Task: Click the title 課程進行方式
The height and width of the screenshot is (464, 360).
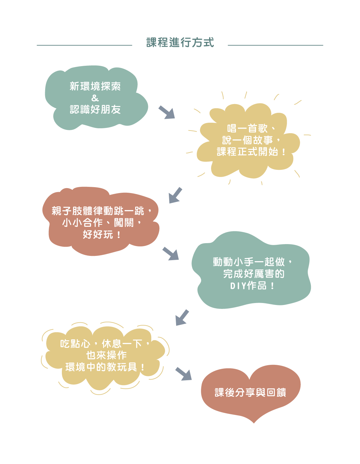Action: [180, 43]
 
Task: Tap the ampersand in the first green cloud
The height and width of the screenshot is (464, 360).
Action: [95, 98]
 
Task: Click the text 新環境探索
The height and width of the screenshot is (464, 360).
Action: [95, 86]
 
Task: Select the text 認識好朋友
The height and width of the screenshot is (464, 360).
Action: [95, 109]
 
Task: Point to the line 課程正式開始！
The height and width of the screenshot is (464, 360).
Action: [251, 152]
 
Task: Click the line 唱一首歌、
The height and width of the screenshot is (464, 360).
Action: [251, 128]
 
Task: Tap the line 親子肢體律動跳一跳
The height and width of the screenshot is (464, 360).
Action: [98, 211]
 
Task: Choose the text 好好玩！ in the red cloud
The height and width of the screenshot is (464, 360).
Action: [102, 234]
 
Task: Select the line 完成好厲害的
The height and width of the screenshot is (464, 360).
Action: [254, 274]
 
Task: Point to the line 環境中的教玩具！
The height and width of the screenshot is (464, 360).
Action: [105, 367]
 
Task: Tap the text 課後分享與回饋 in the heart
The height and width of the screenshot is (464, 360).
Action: [250, 392]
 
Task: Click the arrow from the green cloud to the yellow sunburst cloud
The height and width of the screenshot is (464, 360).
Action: [167, 112]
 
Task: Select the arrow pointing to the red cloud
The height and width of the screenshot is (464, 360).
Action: [175, 195]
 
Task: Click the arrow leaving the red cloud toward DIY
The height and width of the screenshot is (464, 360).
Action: [171, 254]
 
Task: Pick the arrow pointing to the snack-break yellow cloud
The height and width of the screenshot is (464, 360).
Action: [182, 317]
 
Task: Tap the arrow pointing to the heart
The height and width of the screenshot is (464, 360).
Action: [183, 374]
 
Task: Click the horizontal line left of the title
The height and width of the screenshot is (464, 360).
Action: [84, 45]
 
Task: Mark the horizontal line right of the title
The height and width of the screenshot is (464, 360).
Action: [275, 45]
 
